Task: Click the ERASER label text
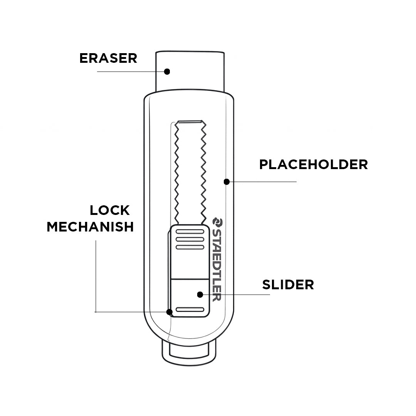[108, 58]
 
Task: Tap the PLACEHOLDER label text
[313, 164]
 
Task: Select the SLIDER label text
[288, 285]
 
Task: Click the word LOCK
[110, 210]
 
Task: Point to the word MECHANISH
[90, 226]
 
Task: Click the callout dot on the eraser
[167, 71]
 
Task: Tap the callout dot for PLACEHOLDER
[227, 181]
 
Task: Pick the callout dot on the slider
[200, 295]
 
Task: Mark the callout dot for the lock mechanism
[169, 312]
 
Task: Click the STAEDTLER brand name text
[216, 266]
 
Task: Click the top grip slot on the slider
[190, 231]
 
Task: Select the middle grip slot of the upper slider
[190, 238]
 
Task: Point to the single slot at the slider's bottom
[190, 309]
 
